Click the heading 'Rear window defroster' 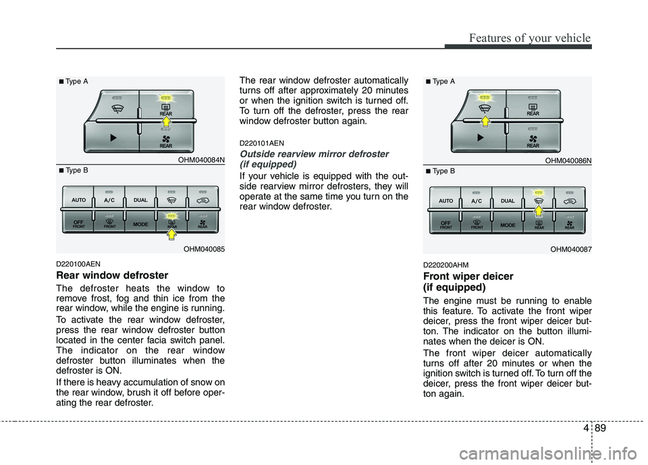point(112,275)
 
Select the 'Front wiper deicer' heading point(468,276)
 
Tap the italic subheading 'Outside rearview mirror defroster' point(314,154)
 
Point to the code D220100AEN point(78,264)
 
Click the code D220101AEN point(262,144)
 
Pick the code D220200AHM point(446,265)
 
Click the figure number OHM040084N point(201,160)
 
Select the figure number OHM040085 point(204,249)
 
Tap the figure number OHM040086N point(568,161)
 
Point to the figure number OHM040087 point(571,249)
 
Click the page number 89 point(601,428)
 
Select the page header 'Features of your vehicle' point(530,38)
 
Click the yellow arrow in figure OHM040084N point(166,122)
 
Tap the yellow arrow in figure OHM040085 point(171,234)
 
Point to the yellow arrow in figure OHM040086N point(485,121)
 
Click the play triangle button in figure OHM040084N point(113,138)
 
